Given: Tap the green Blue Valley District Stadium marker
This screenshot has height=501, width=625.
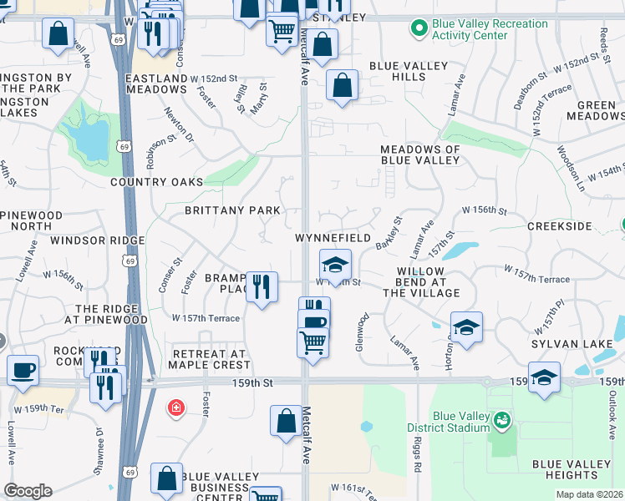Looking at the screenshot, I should tap(501, 419).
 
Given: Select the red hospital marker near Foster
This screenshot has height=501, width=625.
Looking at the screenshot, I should tap(175, 407).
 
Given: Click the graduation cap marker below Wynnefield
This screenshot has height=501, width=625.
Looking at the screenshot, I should tap(335, 266).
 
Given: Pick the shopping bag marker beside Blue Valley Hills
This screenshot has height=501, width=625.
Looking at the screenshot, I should tap(342, 85).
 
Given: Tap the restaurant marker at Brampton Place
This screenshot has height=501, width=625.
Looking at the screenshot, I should tap(262, 287).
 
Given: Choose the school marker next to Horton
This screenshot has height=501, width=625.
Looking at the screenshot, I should tap(466, 326).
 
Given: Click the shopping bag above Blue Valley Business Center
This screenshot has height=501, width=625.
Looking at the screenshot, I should tap(166, 479).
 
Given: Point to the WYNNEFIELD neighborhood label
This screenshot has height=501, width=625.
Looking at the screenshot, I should tap(333, 238).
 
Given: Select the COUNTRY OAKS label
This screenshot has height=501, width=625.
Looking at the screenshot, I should tap(156, 182).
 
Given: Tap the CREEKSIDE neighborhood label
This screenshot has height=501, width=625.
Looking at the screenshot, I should tap(559, 226).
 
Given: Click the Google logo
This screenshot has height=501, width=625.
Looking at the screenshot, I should tap(28, 491).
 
